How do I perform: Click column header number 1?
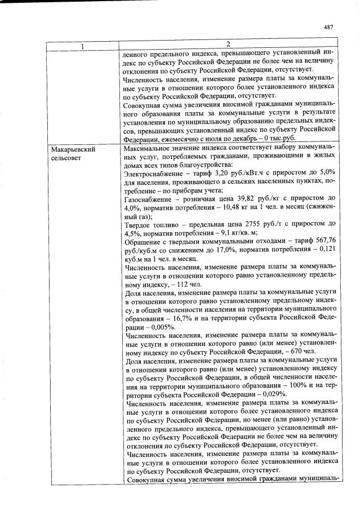click(82, 45)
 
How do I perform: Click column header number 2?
click(228, 45)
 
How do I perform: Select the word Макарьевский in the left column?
click(72, 150)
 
